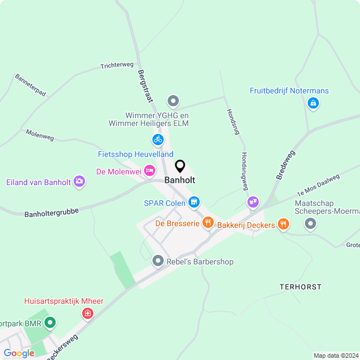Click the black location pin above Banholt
[180, 166]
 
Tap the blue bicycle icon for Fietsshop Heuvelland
[158, 139]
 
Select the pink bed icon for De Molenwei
[149, 170]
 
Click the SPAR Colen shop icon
[194, 201]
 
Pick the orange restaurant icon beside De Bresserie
[209, 223]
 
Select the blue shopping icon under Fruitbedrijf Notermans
[313, 103]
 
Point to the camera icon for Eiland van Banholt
[79, 181]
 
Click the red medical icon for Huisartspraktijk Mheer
[87, 313]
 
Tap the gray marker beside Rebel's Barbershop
[158, 261]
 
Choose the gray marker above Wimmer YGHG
[173, 101]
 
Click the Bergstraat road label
[145, 86]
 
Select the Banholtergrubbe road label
[51, 213]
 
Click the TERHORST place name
[300, 287]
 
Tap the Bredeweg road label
[286, 164]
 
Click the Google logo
[19, 353]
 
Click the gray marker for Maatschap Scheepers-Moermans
[310, 224]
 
